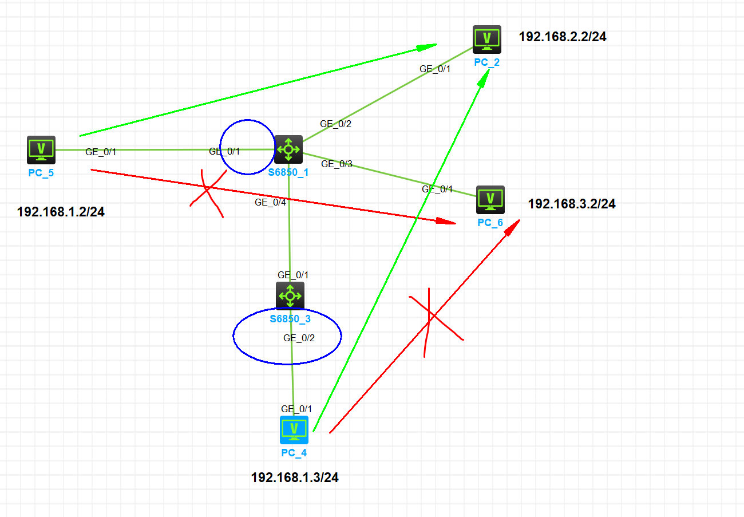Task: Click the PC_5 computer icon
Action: coord(41,150)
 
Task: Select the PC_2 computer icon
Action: coord(487,39)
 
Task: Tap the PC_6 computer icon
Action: coord(490,199)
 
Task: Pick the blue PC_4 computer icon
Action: coord(294,430)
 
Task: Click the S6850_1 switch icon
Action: coord(288,149)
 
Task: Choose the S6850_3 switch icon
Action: coord(290,296)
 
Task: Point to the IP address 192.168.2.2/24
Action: coord(563,37)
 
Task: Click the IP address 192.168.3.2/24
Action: coord(572,204)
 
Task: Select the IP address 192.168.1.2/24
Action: coord(61,212)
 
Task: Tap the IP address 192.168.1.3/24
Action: coord(295,477)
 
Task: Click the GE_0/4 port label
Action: coord(270,202)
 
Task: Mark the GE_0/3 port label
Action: coord(337,164)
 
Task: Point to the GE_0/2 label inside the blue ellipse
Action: coord(299,338)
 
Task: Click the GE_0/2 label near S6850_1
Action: coord(335,124)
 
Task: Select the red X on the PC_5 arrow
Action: coord(207,194)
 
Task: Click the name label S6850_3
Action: coord(290,318)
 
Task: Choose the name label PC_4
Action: coord(294,453)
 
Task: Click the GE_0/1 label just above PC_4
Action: coord(296,409)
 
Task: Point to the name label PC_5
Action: coord(41,172)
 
